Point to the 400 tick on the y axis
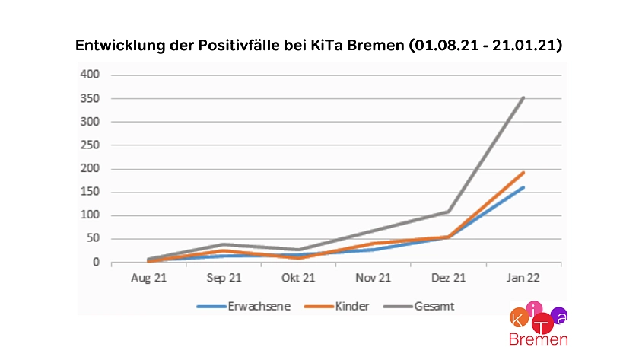(x=91, y=75)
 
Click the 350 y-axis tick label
(x=91, y=98)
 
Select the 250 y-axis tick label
(x=91, y=145)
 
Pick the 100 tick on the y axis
(x=91, y=215)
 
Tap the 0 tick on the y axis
(x=96, y=263)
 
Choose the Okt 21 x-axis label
(x=298, y=279)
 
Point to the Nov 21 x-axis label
(x=373, y=279)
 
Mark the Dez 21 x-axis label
(x=448, y=279)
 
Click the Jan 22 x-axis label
(x=523, y=279)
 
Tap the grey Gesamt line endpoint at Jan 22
(x=523, y=97)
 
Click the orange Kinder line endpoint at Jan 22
(x=523, y=173)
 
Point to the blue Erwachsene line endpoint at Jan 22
(x=523, y=187)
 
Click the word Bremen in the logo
(x=538, y=339)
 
